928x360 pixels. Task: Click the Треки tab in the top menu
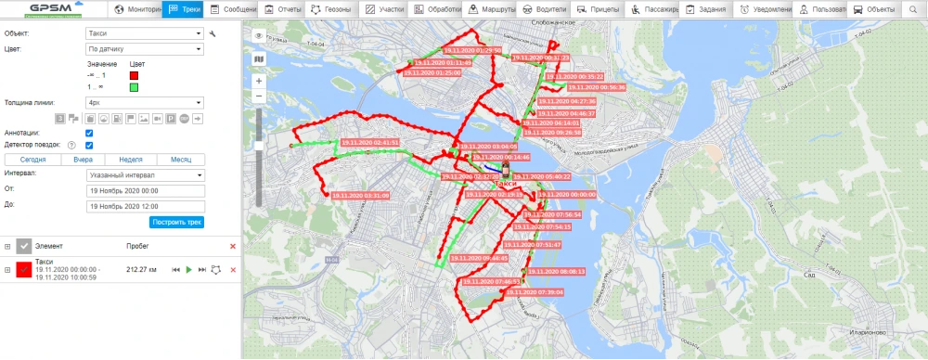pos(185,9)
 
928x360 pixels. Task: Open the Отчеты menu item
pos(285,9)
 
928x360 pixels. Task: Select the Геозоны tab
pos(331,9)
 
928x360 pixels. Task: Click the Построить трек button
pos(176,222)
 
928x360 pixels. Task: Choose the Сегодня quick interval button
pos(32,159)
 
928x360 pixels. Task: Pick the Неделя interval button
pos(131,159)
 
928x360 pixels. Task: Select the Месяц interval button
pos(180,159)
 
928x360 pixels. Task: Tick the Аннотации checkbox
pos(88,134)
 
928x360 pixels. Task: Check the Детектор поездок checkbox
pos(88,146)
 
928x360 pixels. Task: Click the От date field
pos(144,189)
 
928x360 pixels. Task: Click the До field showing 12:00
pos(144,205)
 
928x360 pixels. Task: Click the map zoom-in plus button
pos(258,81)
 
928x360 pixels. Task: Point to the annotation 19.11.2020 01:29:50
pos(472,50)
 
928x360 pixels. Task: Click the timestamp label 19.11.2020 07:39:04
pos(537,291)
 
